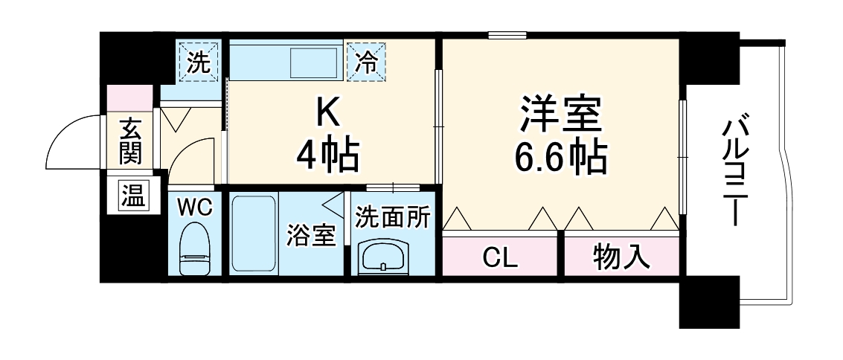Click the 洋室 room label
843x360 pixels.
(x=560, y=118)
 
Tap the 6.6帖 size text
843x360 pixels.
(x=560, y=156)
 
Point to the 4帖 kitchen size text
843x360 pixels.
(x=327, y=155)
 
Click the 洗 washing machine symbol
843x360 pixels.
(x=198, y=62)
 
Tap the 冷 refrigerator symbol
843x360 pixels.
(x=366, y=62)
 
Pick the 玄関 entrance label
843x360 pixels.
(x=130, y=141)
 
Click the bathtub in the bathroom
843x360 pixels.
(x=253, y=234)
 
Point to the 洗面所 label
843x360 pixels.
(x=392, y=217)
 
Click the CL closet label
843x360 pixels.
(x=499, y=257)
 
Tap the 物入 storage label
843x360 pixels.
(x=621, y=257)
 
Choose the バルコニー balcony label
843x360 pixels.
(x=737, y=172)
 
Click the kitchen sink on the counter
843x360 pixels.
(x=315, y=62)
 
